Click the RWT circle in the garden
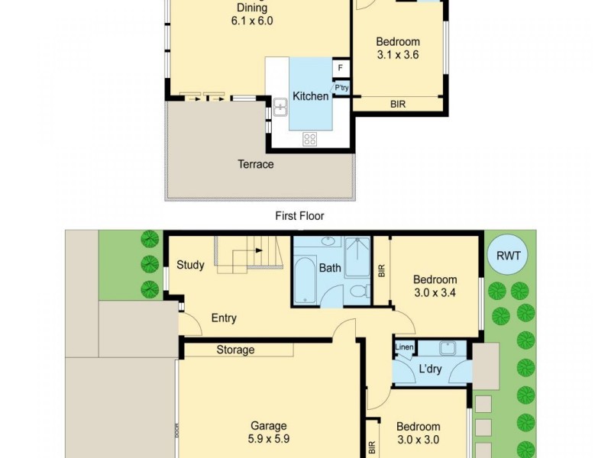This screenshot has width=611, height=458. pos(508,256)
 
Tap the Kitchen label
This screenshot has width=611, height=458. pos(310,96)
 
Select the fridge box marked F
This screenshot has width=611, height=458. pos(340,68)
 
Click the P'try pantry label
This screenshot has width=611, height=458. pos(341,88)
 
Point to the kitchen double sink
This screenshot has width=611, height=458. pos(280,107)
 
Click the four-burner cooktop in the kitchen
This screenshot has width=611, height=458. pos(310,139)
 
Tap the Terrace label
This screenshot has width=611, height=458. pos(256,164)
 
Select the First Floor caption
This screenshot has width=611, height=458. pos(299,216)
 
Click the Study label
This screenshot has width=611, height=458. pos(190,265)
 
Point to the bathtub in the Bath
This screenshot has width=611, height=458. pos(305,279)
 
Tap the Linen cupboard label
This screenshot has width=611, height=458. pos(404,347)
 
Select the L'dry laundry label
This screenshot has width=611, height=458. pos(430,369)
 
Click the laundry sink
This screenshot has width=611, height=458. pos(448,348)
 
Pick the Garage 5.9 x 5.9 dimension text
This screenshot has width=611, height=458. pos(269,439)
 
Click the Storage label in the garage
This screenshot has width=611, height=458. pos(235,350)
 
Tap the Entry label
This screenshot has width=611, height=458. pos(224,318)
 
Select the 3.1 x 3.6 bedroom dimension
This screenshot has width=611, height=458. pos(398,54)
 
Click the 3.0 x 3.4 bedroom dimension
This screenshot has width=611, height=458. pos(435,292)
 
